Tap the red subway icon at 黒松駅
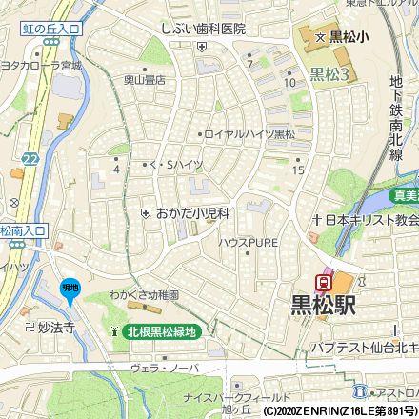(325, 281)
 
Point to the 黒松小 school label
(349, 38)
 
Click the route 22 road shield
(31, 158)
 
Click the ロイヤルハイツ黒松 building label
(249, 134)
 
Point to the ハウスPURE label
(248, 243)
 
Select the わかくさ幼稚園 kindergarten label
(144, 296)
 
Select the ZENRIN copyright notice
(339, 411)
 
